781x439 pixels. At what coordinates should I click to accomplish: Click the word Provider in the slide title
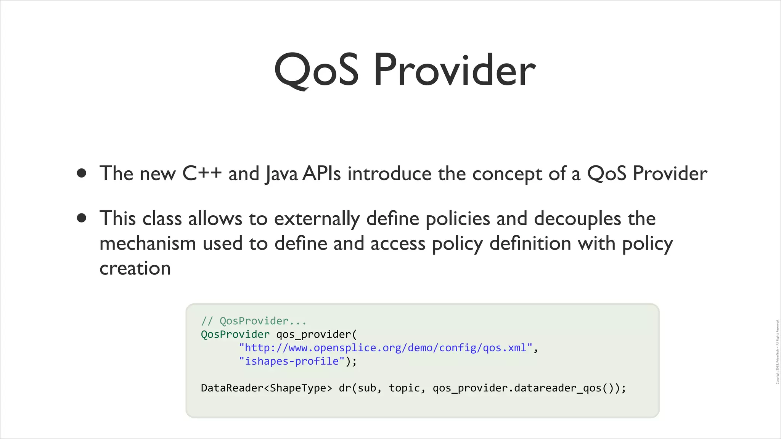pos(455,70)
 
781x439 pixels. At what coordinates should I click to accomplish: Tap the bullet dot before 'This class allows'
pos(81,218)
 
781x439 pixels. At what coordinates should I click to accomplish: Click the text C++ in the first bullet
pos(202,173)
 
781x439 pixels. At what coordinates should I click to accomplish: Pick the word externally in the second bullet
pos(317,219)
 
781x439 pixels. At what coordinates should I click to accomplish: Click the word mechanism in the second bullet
pos(148,244)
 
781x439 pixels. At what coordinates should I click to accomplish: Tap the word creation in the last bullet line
pos(135,268)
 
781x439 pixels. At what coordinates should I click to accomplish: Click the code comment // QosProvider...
pos(254,321)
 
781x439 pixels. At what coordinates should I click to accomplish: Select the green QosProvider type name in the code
pos(235,334)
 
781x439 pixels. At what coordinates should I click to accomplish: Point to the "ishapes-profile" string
pos(292,361)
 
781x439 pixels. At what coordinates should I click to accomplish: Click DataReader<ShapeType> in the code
pos(266,388)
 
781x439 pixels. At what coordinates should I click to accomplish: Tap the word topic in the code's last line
pos(405,388)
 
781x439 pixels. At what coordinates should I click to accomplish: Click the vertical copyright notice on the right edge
pos(777,352)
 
